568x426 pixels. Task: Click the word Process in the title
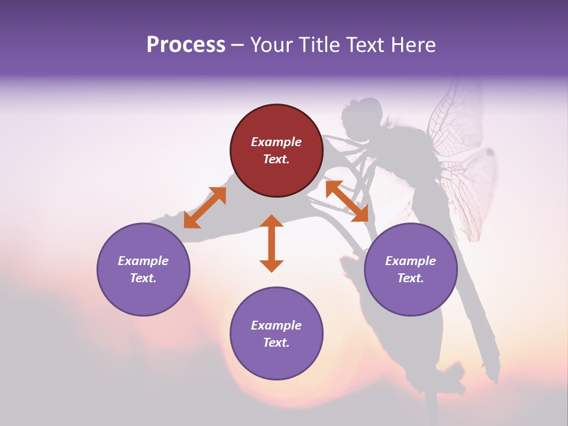tap(186, 45)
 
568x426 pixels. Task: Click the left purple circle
tap(143, 269)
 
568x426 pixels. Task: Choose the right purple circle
tap(410, 269)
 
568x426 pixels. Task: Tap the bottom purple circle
tap(276, 333)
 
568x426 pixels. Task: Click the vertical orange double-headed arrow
tap(272, 243)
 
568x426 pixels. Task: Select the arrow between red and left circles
tap(205, 208)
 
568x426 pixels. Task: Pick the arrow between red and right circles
tap(347, 201)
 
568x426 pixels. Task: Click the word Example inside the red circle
tap(276, 142)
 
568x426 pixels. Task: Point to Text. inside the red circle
tap(276, 159)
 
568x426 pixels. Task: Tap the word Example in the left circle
tap(143, 261)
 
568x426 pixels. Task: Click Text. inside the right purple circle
tap(410, 278)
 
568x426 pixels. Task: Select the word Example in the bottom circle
tap(276, 325)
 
